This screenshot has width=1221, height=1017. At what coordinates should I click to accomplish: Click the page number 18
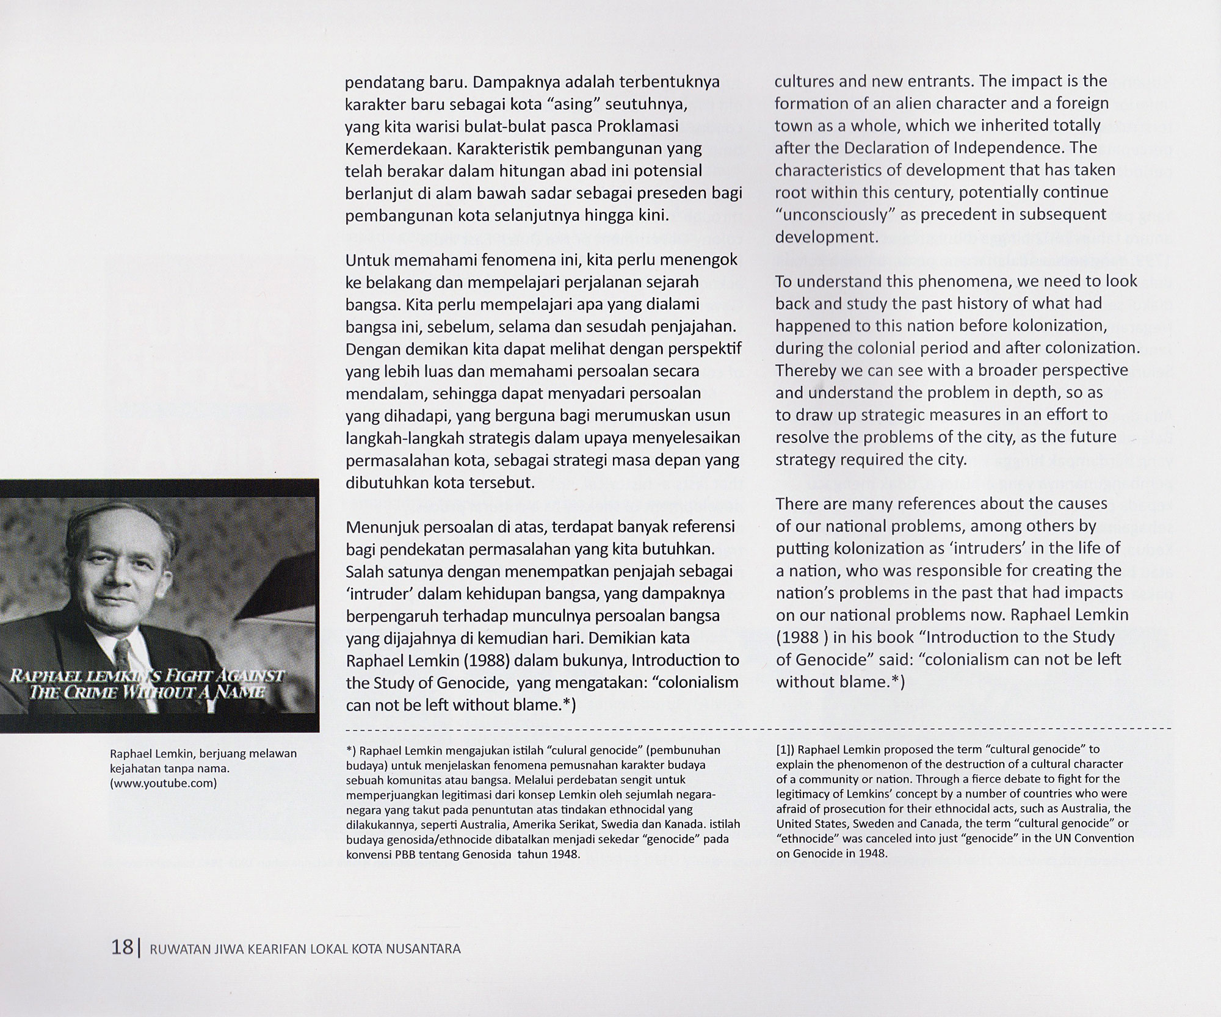pyautogui.click(x=122, y=947)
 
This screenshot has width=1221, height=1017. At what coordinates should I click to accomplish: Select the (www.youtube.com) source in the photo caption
pyautogui.click(x=163, y=783)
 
